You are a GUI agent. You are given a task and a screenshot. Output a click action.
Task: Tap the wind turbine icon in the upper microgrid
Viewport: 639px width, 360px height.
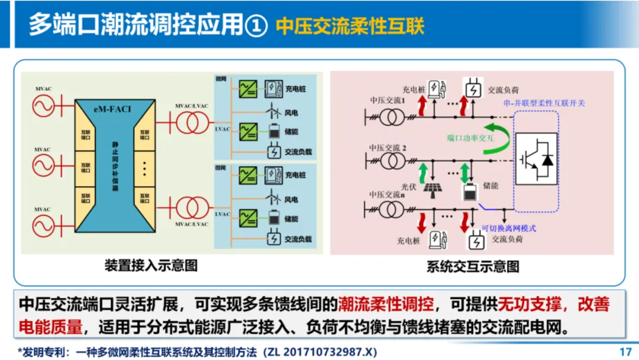click(x=273, y=110)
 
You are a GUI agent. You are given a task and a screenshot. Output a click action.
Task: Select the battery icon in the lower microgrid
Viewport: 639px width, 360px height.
click(x=273, y=218)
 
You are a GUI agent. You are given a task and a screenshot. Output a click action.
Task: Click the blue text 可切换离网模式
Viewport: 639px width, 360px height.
click(x=508, y=227)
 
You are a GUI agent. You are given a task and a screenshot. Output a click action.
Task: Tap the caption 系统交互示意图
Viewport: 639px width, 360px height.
click(x=473, y=266)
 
